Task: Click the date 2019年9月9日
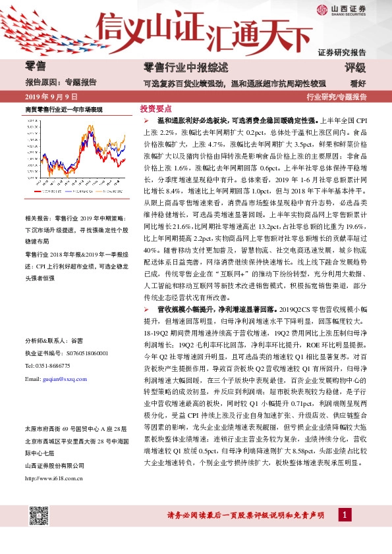click(47, 97)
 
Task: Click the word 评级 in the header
click(354, 68)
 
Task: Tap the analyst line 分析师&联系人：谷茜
click(55, 340)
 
